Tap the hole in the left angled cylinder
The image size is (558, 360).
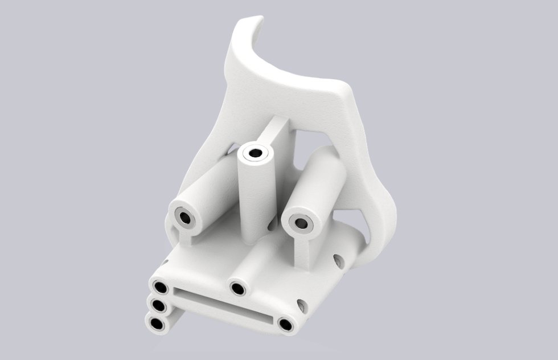pyautogui.click(x=185, y=217)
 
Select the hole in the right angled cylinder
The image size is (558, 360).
pyautogui.click(x=301, y=224)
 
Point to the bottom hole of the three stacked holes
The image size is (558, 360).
pyautogui.click(x=155, y=324)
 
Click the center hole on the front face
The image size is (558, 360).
pyautogui.click(x=237, y=289)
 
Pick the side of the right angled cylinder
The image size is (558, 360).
pyautogui.click(x=322, y=182)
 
